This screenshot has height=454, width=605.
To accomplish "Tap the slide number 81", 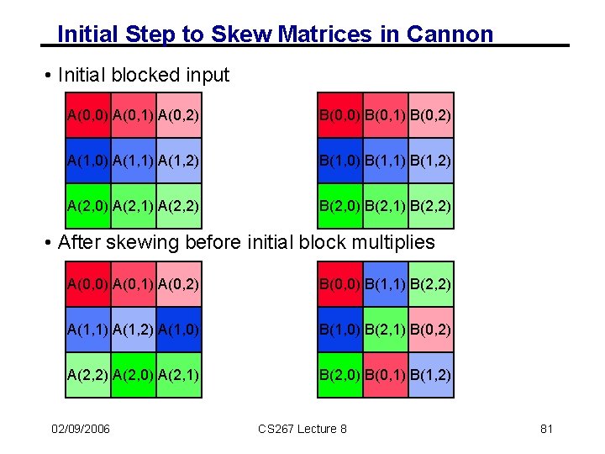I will click(546, 430).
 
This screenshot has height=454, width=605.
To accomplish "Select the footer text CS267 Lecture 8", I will click(302, 430).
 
